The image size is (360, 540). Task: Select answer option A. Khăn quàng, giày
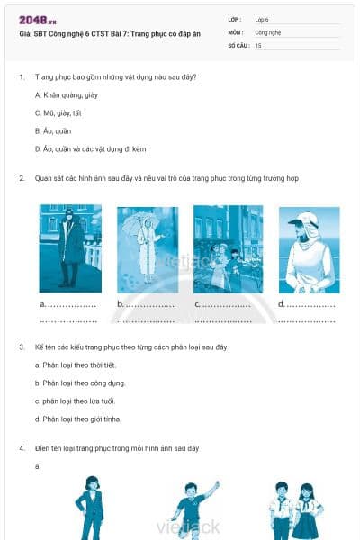pos(66,94)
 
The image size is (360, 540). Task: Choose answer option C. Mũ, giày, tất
pos(58,112)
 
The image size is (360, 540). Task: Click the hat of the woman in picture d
pos(308,218)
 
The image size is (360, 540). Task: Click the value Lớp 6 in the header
pos(262,19)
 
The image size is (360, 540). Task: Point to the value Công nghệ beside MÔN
pos(267,31)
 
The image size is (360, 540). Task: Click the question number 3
pos(22,346)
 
